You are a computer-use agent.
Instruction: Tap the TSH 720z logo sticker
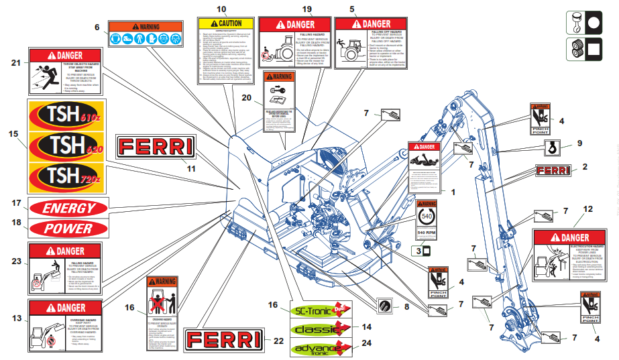point(61,176)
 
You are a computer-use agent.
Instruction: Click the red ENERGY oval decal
point(70,208)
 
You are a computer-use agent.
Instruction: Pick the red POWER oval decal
point(68,228)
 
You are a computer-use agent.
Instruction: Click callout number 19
point(308,9)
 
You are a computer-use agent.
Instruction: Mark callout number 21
point(17,62)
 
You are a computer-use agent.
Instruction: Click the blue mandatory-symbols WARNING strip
point(146,34)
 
